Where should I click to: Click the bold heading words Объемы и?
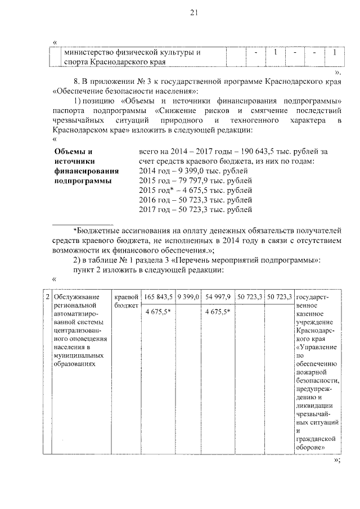coord(72,152)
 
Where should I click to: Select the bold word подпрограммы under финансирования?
coord(83,181)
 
